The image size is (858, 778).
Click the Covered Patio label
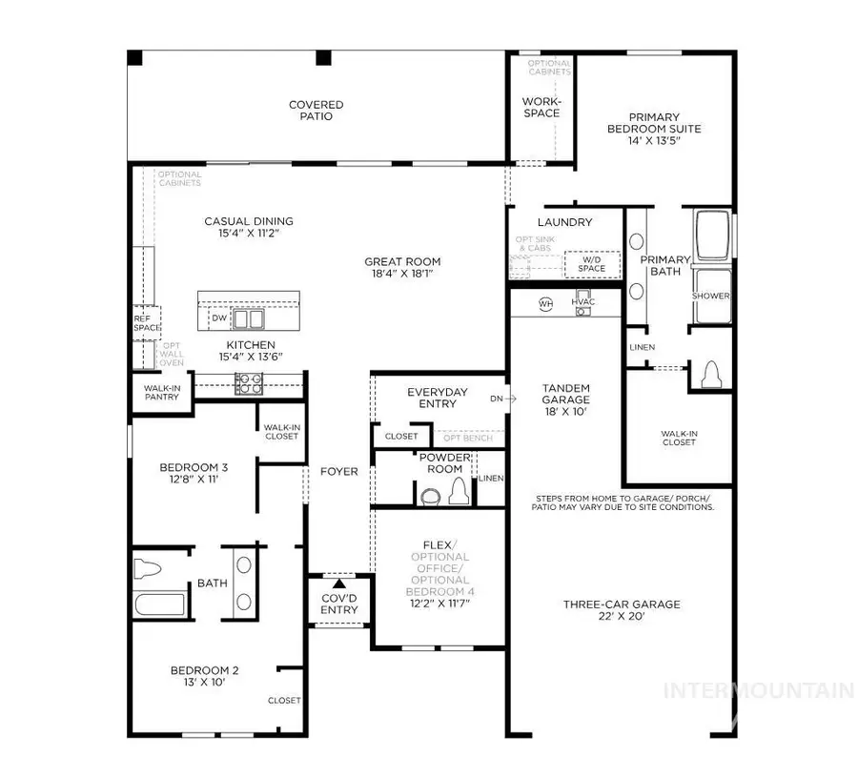317,111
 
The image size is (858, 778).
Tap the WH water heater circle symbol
546,303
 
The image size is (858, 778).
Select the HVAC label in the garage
582,302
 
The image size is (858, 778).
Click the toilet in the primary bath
710,377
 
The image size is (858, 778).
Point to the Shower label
711,296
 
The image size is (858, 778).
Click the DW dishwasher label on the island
218,317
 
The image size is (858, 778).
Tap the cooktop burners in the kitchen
249,383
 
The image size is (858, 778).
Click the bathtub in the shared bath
159,604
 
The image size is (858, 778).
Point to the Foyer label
338,471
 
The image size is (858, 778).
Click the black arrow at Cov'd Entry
338,583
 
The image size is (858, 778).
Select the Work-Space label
541,107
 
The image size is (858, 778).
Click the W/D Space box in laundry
591,263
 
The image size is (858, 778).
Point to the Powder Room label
445,463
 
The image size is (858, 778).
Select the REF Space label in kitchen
146,322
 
